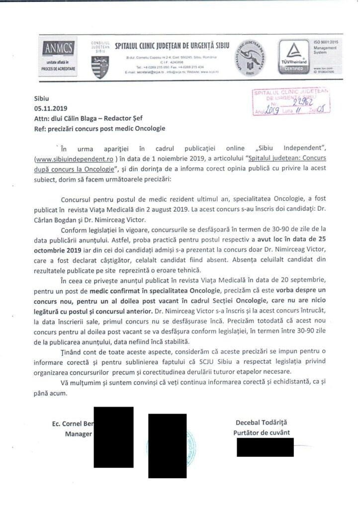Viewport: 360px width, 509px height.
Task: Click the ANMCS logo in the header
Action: click(x=59, y=48)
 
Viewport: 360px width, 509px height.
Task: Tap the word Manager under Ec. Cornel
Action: click(x=79, y=433)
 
